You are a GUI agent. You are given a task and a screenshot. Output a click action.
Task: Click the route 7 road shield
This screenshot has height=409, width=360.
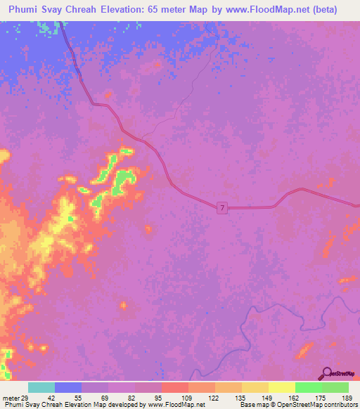click(222, 207)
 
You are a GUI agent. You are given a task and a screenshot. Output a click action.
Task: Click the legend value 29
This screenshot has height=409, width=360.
click(25, 398)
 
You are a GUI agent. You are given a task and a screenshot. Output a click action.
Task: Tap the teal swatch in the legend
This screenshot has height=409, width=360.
click(41, 387)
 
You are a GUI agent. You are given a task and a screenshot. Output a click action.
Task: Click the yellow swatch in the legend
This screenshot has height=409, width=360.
click(282, 387)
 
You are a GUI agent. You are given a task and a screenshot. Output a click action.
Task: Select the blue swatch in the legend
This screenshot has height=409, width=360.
click(68, 387)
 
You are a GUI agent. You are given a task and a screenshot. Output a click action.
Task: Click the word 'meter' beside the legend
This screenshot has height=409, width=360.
click(11, 398)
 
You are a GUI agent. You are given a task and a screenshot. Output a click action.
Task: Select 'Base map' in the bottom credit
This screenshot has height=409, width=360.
click(251, 405)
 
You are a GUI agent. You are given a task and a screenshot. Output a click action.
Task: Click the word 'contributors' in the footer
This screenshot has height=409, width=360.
click(340, 405)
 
